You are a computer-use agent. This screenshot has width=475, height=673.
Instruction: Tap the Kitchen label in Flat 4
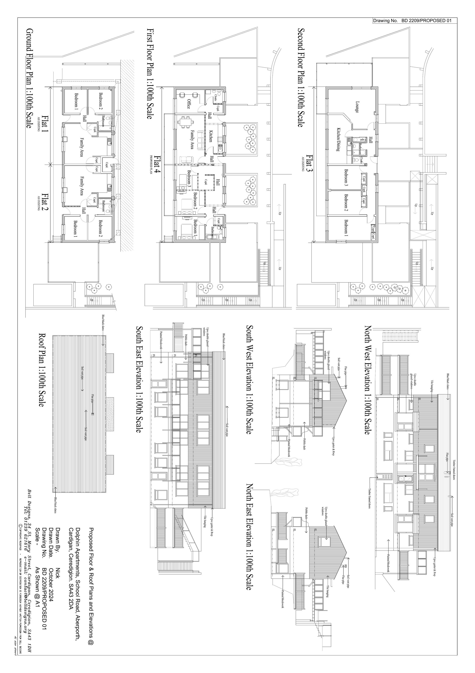pyautogui.click(x=210, y=136)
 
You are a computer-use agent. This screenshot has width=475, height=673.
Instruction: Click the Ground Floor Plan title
pyautogui.click(x=29, y=78)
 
